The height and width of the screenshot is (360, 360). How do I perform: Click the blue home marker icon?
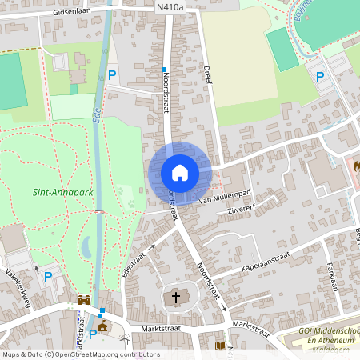coord(180,173)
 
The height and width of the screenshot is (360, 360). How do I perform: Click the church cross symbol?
coord(176,298)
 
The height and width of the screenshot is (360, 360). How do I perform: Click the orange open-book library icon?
coord(221,346)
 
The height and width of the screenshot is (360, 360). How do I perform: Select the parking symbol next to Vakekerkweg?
coord(48,277)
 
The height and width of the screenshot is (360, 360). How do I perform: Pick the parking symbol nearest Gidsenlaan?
coord(112,75)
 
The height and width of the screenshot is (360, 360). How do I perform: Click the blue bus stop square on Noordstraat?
coord(164,70)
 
